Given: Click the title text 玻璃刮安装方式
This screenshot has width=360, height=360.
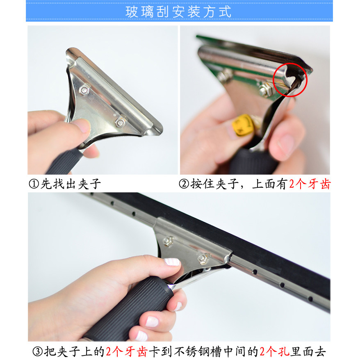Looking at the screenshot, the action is click(178, 11).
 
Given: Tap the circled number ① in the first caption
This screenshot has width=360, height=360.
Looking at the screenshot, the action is click(34, 184).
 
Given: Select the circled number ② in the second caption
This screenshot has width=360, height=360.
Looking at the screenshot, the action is click(184, 184).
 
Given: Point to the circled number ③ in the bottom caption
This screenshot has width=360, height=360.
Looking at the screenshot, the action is click(38, 351).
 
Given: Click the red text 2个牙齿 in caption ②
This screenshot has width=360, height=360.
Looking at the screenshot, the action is click(310, 184).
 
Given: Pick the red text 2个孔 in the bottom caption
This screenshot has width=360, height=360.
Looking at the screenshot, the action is click(274, 351).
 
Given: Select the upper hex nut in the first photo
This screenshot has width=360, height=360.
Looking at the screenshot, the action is click(84, 89).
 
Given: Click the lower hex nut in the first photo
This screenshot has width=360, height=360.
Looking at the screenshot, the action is click(120, 122).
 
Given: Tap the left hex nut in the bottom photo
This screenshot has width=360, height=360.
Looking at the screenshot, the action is click(168, 241).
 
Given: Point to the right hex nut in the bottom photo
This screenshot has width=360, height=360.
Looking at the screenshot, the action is click(203, 259).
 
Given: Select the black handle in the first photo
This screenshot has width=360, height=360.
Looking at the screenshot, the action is click(65, 161).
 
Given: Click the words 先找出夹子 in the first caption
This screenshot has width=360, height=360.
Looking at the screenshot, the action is click(71, 184).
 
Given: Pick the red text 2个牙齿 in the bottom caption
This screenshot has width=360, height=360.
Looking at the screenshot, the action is click(127, 351).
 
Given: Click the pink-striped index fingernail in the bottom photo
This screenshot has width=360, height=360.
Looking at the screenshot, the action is click(172, 262).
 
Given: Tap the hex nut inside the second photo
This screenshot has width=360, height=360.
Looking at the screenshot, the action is click(266, 89).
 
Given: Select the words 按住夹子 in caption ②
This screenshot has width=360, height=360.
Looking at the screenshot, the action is click(214, 184).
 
